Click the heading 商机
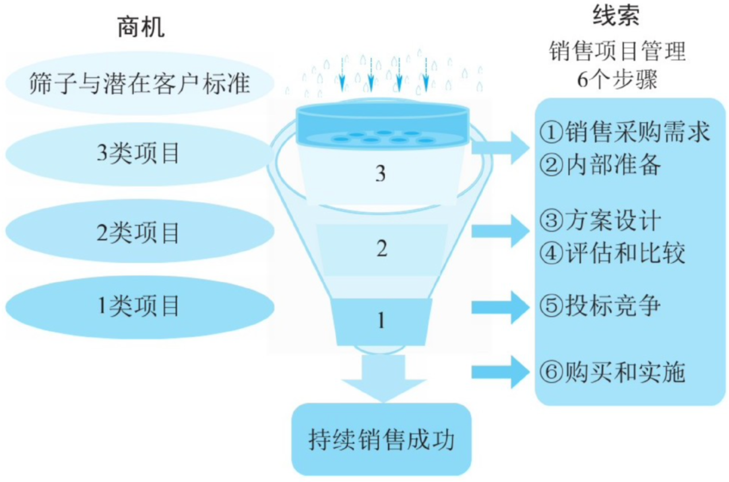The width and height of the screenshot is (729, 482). [x=140, y=28]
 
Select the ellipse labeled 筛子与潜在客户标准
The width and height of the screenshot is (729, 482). [x=139, y=84]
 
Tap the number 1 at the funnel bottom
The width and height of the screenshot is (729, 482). [x=380, y=320]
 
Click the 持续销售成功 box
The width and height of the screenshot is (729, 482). [x=381, y=440]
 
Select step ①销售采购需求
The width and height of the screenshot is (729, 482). [x=625, y=131]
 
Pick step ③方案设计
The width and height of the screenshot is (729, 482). [x=600, y=220]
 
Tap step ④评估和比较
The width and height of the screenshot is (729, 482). [x=612, y=252]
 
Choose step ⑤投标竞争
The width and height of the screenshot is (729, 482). [x=600, y=306]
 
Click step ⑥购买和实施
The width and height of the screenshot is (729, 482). [x=612, y=372]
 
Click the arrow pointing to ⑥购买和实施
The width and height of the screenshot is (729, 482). [x=499, y=372]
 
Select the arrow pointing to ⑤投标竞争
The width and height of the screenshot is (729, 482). [x=499, y=308]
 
